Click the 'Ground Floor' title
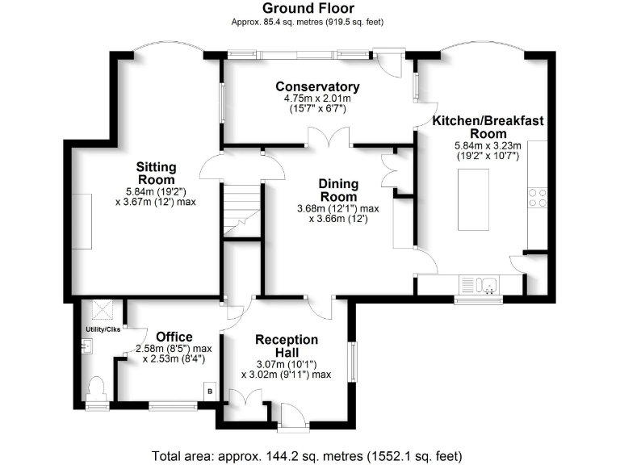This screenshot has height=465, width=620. [310, 8]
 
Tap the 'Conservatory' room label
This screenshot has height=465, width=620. [316, 86]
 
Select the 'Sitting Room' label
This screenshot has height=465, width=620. [157, 173]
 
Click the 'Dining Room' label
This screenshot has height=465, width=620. [338, 190]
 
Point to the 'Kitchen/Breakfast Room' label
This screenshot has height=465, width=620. [487, 127]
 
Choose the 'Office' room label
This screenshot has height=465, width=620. [174, 337]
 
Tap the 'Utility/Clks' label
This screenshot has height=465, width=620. [102, 329]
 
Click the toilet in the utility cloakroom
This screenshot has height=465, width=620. [96, 389]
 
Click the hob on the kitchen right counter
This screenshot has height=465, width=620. [537, 199]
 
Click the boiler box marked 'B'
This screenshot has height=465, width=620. [210, 392]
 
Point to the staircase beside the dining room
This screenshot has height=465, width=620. [242, 210]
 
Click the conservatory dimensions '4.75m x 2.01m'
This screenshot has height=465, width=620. [316, 98]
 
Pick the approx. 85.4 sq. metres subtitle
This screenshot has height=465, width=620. [310, 23]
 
